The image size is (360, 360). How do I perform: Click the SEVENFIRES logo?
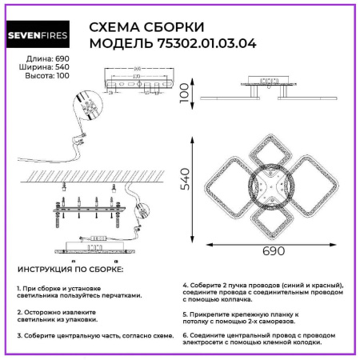[x=39, y=34]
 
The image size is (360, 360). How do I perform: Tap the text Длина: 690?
[x=42, y=60]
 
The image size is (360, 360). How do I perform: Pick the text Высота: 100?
[x=40, y=78]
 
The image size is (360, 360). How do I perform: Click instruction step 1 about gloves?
[x=78, y=292]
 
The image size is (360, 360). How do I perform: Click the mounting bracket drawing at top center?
[x=139, y=82]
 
